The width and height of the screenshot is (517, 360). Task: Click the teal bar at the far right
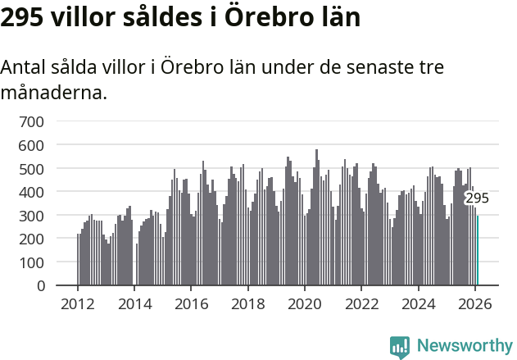pos(478,251)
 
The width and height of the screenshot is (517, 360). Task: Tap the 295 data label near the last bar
pos(477,198)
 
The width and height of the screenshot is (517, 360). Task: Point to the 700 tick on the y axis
pos(32,122)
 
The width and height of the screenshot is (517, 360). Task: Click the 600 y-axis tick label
pos(32,145)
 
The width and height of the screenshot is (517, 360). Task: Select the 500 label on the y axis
pos(32,169)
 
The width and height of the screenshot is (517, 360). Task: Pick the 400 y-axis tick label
pos(32,192)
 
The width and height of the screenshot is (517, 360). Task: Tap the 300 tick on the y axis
pos(32,216)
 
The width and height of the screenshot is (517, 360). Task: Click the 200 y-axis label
pos(32,239)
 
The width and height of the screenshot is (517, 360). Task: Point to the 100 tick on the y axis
pos(32,262)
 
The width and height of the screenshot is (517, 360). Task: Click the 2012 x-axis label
pos(78,303)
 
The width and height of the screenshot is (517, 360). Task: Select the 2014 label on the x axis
pos(134,303)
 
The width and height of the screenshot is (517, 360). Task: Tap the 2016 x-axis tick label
pos(191,303)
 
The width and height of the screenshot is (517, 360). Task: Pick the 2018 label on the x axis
pos(247,303)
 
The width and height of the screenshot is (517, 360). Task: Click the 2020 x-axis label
pos(305,303)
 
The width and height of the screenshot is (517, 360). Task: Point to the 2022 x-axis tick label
pos(361,303)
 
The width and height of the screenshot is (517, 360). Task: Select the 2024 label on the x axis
pos(418,303)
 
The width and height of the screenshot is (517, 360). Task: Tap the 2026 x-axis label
pos(474,303)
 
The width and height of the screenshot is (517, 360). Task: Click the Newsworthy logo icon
pos(400,347)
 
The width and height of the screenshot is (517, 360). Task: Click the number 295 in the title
pos(22,16)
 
